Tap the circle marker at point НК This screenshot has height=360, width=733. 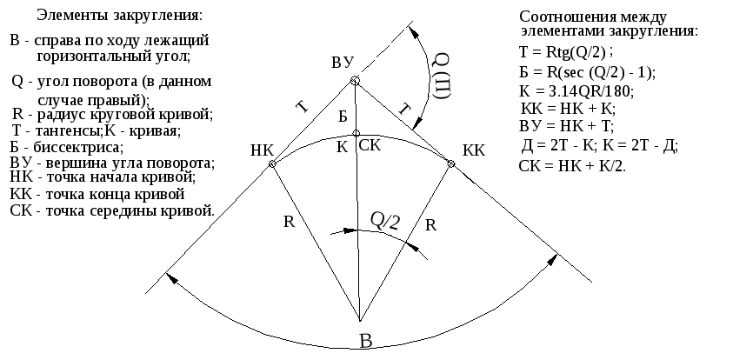click(x=272, y=163)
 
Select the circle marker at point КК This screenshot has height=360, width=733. click(x=451, y=163)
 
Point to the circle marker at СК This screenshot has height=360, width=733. click(x=357, y=133)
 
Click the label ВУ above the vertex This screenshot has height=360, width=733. click(x=343, y=63)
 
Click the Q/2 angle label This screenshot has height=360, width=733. click(x=385, y=221)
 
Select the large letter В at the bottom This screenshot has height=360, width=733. click(x=366, y=341)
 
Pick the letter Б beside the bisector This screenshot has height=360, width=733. click(x=343, y=117)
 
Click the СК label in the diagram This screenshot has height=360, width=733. click(x=370, y=146)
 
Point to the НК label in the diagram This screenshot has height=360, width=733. click(x=262, y=150)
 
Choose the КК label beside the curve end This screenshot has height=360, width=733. click(x=474, y=151)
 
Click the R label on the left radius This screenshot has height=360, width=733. click(x=290, y=222)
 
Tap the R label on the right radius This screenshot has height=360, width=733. click(x=430, y=226)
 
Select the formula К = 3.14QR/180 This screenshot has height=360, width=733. click(x=576, y=90)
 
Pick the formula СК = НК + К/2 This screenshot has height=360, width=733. click(x=572, y=166)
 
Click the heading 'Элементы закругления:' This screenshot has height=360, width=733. click(x=120, y=15)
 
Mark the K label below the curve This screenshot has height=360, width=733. click(x=343, y=148)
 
